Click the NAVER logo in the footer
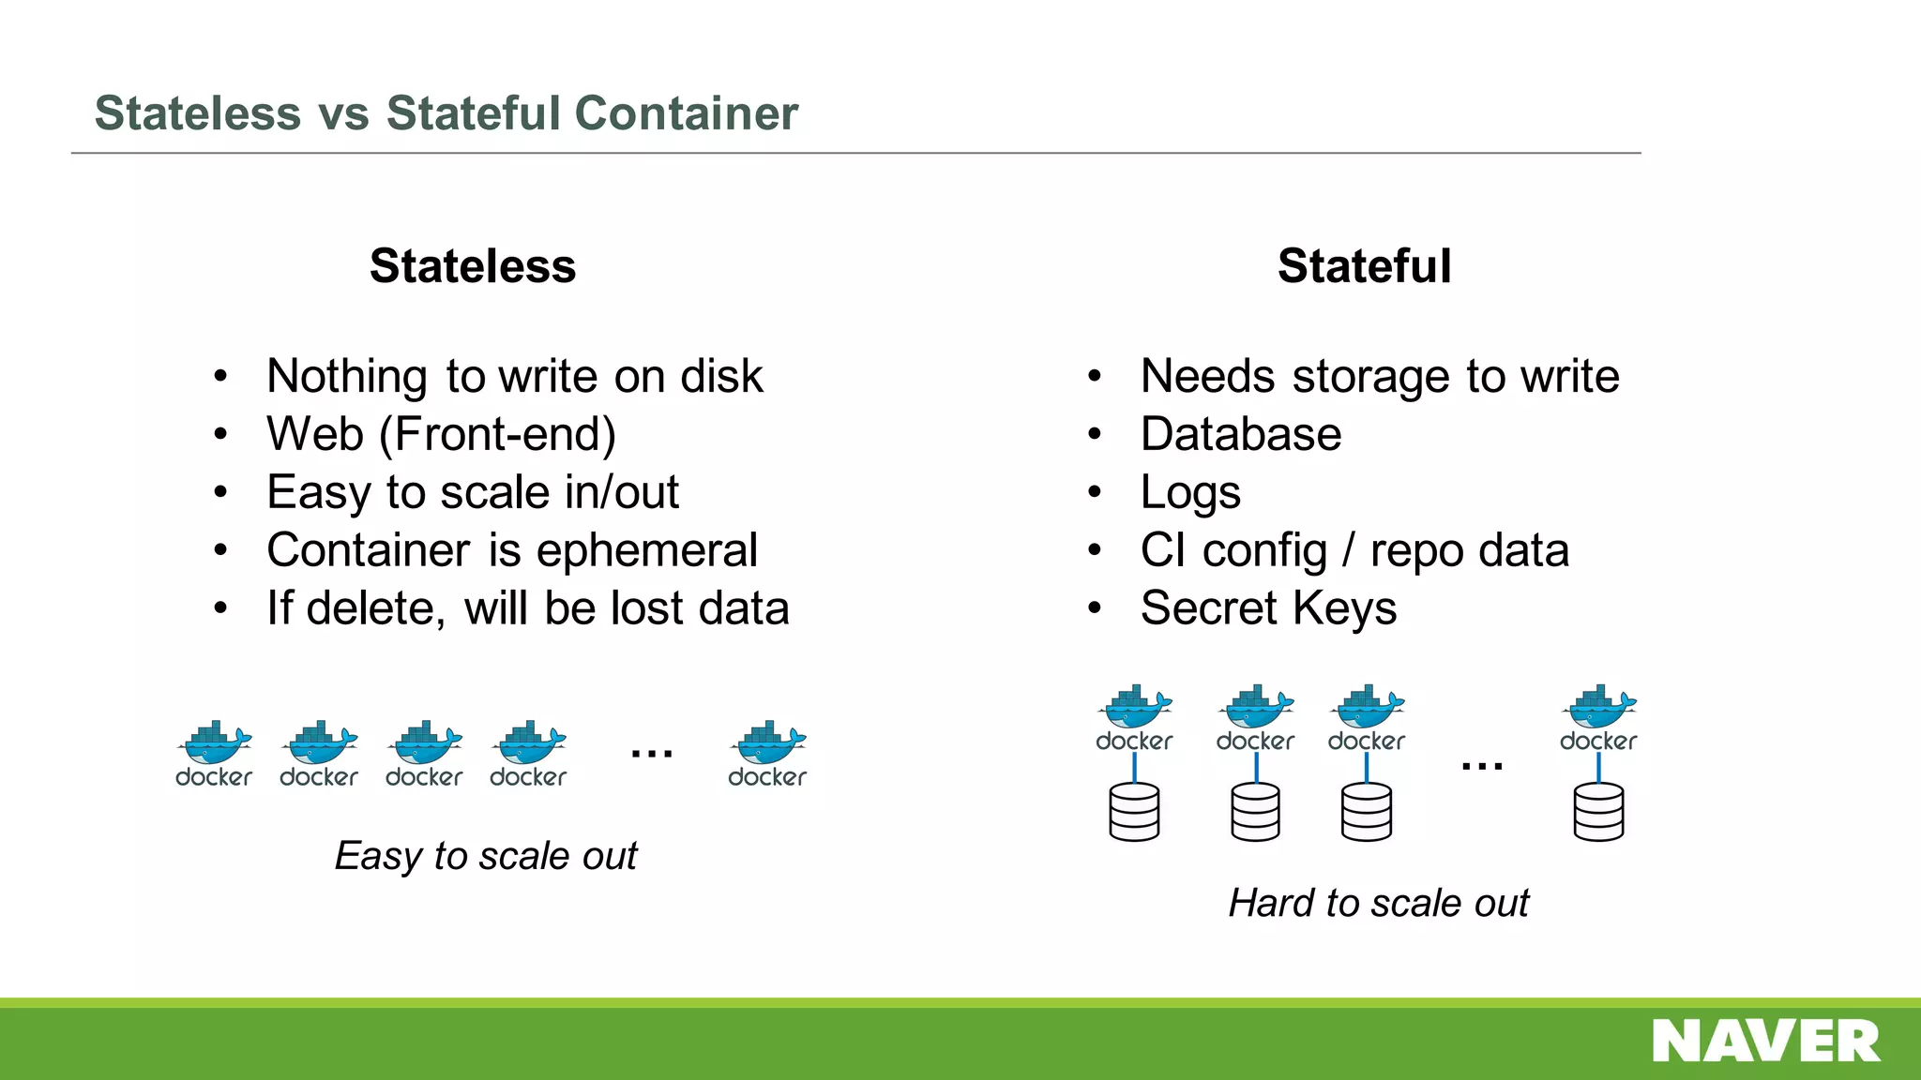tap(1765, 1041)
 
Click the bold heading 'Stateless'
tap(473, 266)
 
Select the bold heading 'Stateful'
tap(1364, 266)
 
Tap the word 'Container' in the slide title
tap(686, 113)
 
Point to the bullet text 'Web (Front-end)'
tap(441, 435)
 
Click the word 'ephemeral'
tap(646, 550)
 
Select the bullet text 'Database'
tap(1240, 435)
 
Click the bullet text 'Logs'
tap(1190, 493)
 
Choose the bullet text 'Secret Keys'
tap(1268, 608)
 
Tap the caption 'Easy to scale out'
tap(486, 856)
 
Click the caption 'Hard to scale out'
tap(1378, 903)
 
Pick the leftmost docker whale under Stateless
tap(214, 743)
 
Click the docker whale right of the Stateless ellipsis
tap(767, 743)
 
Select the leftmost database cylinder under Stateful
tap(1134, 812)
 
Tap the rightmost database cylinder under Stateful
tap(1598, 812)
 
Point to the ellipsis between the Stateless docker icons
tap(652, 753)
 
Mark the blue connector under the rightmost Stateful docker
tap(1598, 768)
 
